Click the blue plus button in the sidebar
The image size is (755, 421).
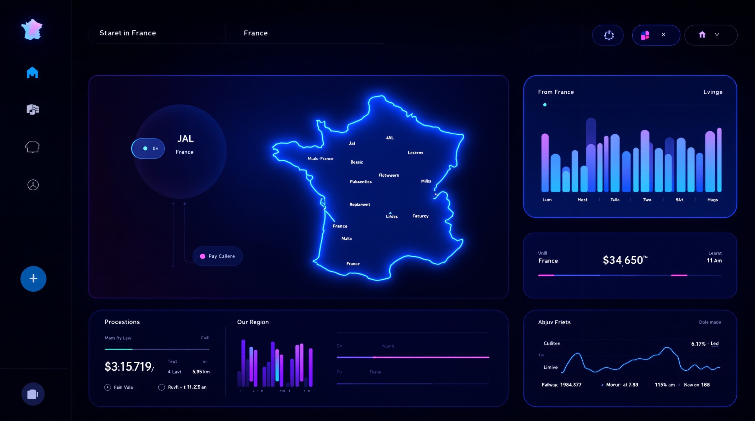click(33, 278)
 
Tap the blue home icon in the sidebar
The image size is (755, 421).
click(32, 72)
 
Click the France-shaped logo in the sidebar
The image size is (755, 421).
click(32, 29)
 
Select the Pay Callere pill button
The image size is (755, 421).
click(218, 256)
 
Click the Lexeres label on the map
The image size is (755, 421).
click(415, 153)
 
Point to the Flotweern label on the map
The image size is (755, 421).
click(389, 175)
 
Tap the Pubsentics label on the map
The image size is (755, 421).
click(361, 181)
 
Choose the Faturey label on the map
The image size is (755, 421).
click(420, 216)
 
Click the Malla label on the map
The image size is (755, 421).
click(346, 238)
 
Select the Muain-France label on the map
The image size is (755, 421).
click(320, 159)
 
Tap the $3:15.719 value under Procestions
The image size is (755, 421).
click(129, 366)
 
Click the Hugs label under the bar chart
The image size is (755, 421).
click(712, 200)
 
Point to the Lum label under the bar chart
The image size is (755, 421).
click(547, 200)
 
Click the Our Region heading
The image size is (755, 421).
click(253, 322)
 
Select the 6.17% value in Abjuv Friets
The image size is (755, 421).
click(698, 344)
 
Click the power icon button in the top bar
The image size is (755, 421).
click(609, 35)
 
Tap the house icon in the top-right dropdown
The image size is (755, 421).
click(702, 35)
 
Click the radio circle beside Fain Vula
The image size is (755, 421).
click(108, 387)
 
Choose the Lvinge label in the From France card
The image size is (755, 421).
click(713, 92)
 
